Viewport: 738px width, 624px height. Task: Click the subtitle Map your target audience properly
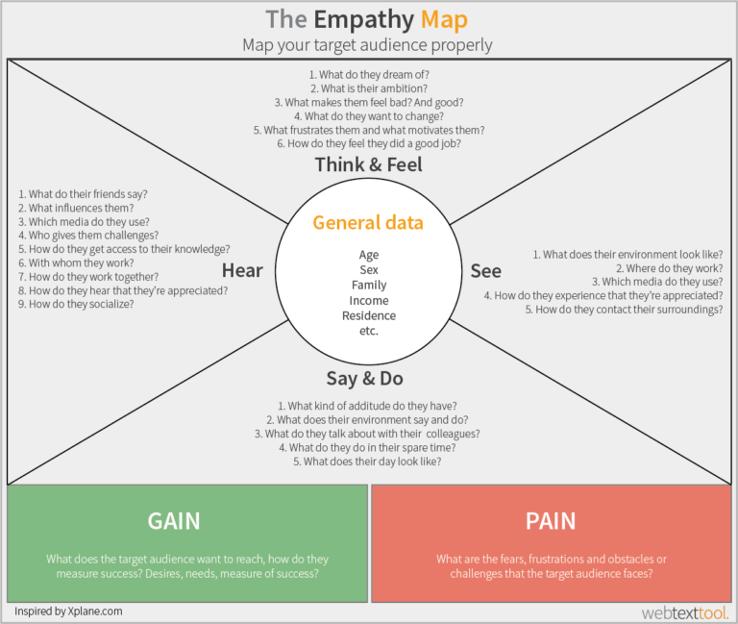(x=367, y=45)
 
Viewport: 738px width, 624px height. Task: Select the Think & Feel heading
(x=368, y=164)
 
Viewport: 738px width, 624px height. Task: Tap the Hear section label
(x=242, y=270)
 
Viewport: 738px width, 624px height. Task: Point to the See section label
(x=485, y=271)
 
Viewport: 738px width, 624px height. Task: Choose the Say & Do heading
(x=367, y=379)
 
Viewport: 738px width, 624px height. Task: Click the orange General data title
(x=367, y=223)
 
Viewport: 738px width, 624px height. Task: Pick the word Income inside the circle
(x=368, y=301)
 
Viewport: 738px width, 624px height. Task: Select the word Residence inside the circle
(x=368, y=315)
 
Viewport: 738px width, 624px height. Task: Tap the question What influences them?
(x=76, y=208)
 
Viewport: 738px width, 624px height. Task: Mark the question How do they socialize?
(x=76, y=304)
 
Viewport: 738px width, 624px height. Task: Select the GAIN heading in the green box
(x=174, y=521)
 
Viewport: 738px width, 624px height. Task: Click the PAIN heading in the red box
(x=551, y=521)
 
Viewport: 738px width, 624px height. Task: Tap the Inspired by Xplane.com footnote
(x=68, y=611)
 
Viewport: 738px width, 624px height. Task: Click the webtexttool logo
(x=685, y=612)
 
